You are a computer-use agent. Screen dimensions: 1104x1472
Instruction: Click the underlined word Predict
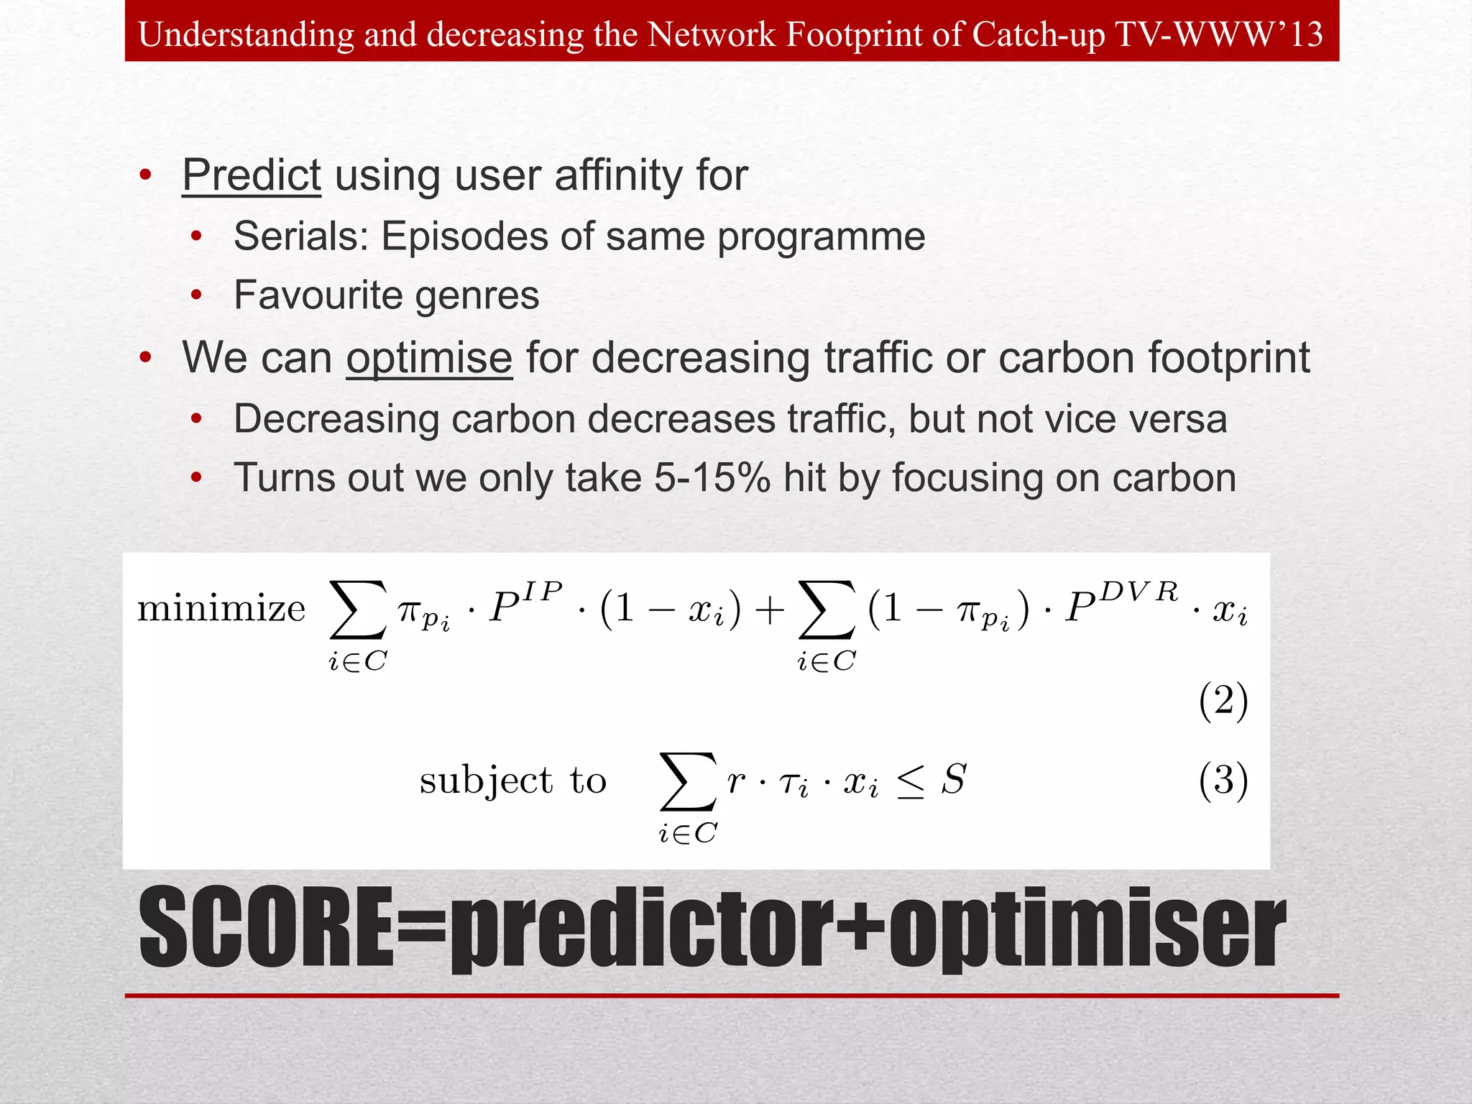[251, 175]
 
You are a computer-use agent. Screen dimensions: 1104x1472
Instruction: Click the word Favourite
[317, 295]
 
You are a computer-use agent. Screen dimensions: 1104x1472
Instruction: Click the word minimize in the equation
[221, 609]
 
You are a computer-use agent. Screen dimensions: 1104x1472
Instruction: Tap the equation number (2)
[1223, 701]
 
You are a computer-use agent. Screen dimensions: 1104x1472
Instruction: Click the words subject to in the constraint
[513, 781]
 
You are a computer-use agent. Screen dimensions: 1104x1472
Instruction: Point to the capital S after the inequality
[954, 779]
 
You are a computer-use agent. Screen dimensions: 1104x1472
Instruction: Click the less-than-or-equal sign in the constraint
[910, 783]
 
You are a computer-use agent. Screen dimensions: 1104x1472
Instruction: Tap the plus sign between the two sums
[770, 610]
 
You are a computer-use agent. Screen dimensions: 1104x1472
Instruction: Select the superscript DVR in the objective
[1139, 592]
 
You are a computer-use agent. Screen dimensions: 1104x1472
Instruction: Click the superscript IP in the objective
[542, 591]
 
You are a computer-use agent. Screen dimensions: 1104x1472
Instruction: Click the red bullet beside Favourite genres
[196, 295]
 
